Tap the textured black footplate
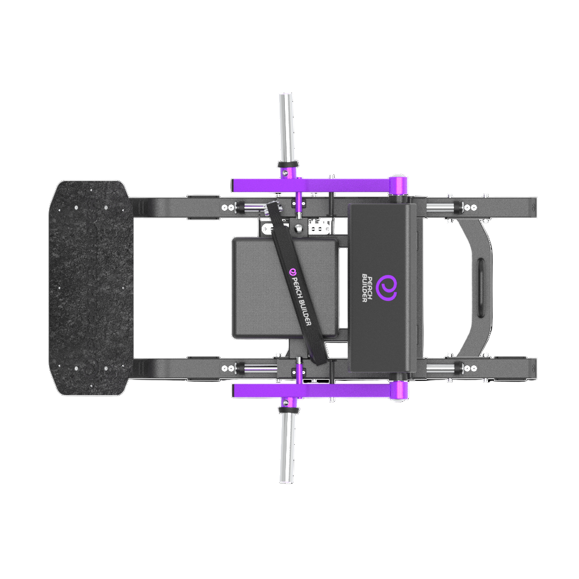tap(91, 288)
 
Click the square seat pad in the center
tap(285, 288)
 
